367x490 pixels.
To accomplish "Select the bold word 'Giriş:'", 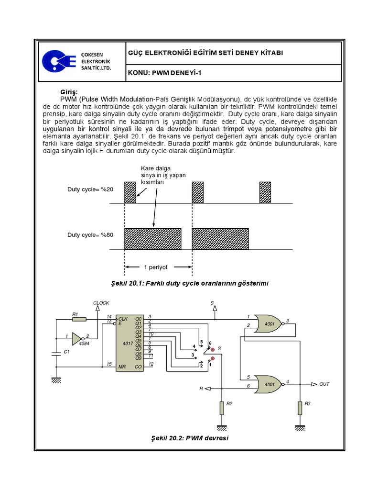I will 68,92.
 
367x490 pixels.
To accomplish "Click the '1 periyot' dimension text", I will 158,267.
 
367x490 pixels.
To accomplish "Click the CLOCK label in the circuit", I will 101,303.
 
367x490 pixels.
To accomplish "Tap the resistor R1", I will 79,319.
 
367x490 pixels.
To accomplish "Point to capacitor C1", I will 56,353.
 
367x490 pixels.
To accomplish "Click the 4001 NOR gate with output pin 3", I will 268,323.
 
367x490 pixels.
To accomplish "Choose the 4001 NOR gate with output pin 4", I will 268,383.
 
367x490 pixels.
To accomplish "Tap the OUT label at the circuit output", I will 324,384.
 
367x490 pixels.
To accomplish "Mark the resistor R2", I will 221,408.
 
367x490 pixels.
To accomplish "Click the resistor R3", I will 300,408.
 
